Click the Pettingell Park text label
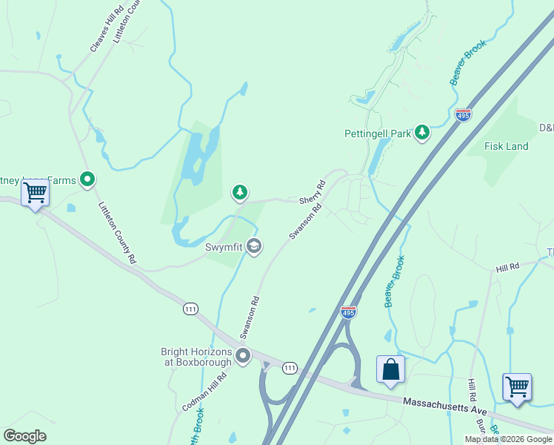pyautogui.click(x=378, y=134)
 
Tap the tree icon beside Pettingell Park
pyautogui.click(x=422, y=133)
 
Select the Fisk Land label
pyautogui.click(x=507, y=146)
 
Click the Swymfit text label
pyautogui.click(x=224, y=246)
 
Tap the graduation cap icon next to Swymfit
pyautogui.click(x=254, y=246)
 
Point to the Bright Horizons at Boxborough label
pyautogui.click(x=196, y=357)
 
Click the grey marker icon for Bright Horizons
pyautogui.click(x=243, y=357)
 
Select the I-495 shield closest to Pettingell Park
pyautogui.click(x=463, y=115)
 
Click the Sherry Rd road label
pyautogui.click(x=313, y=192)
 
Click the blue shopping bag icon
pyautogui.click(x=390, y=369)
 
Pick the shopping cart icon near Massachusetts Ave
pyautogui.click(x=516, y=386)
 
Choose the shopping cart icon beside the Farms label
pyautogui.click(x=35, y=192)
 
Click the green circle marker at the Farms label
pyautogui.click(x=87, y=179)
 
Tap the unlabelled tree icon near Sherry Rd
pyautogui.click(x=239, y=193)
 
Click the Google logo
pyautogui.click(x=24, y=436)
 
